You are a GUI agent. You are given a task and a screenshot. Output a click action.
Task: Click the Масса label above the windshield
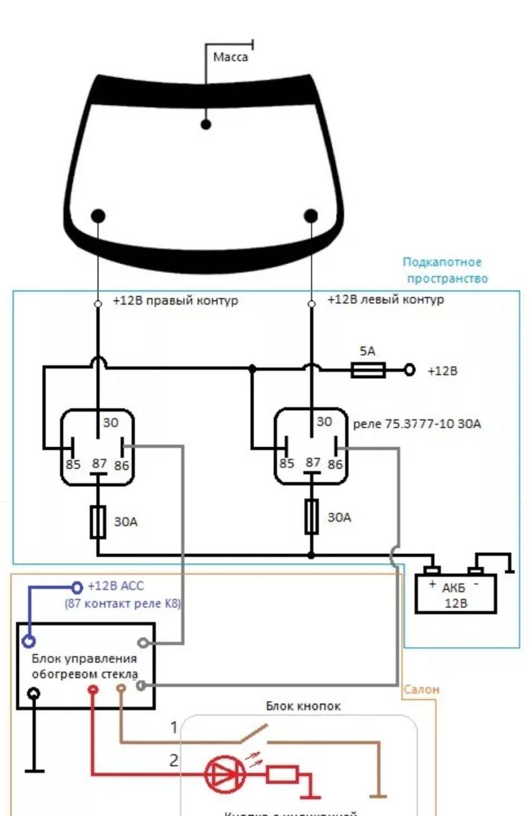tap(230, 57)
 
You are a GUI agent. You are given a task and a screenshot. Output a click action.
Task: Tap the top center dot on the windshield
tap(206, 124)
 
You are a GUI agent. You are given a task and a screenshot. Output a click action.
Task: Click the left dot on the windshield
tap(98, 216)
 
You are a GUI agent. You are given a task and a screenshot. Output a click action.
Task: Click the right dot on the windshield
tap(311, 216)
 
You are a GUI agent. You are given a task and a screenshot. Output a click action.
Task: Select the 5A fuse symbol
tap(368, 370)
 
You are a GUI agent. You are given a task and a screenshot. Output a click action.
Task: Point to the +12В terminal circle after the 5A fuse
tap(409, 370)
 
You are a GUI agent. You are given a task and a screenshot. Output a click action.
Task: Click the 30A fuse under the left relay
tap(98, 522)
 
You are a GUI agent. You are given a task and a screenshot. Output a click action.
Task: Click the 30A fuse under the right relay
tap(311, 517)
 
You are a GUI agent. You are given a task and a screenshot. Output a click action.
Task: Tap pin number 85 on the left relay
tap(73, 464)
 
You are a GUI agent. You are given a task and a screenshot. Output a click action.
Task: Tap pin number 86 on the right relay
tap(335, 464)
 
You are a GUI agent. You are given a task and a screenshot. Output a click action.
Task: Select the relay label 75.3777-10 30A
tap(417, 424)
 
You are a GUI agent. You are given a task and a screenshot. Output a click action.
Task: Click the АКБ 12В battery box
tap(455, 593)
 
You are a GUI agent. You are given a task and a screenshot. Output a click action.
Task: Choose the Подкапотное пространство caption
tap(445, 270)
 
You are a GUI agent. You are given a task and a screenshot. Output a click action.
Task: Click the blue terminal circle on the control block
tap(29, 641)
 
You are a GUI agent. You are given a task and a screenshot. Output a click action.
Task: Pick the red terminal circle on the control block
tap(93, 689)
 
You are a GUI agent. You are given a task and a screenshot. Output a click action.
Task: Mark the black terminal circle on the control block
tap(34, 692)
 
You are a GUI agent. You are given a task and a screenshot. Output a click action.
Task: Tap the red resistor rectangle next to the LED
tap(282, 774)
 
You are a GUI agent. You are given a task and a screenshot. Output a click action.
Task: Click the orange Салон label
tap(422, 689)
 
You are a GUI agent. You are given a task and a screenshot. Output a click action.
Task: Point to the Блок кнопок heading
tap(303, 706)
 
